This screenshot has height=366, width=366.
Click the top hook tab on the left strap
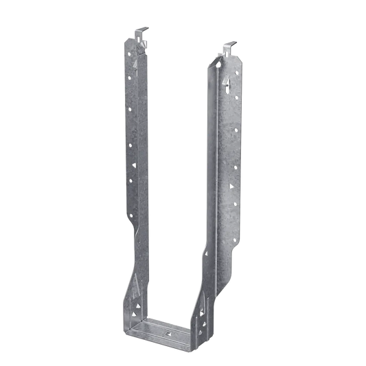[140, 32]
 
